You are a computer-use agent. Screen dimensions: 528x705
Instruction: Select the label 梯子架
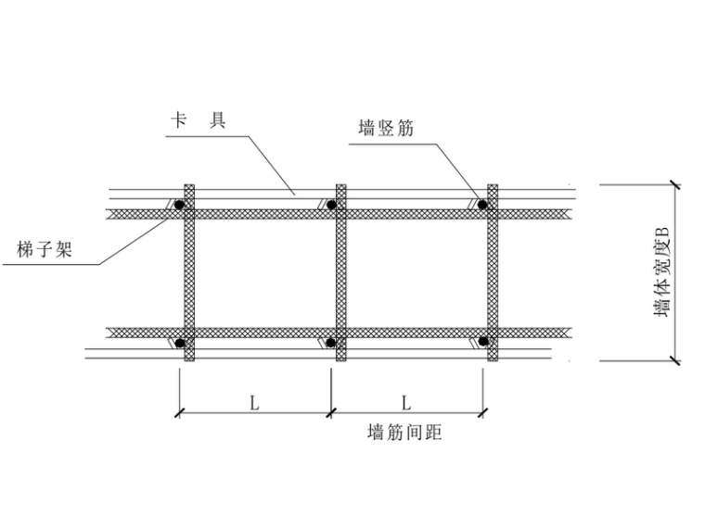tap(45, 248)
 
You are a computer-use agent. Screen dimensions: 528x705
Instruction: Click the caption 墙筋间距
tap(405, 433)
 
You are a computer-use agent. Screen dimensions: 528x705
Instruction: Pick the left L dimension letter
tap(253, 402)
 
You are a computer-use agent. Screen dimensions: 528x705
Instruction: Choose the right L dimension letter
tap(406, 402)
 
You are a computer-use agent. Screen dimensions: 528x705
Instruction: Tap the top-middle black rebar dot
tap(331, 204)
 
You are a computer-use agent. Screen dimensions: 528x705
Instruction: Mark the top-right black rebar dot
tap(482, 204)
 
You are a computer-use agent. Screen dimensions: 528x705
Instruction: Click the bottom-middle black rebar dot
tap(331, 344)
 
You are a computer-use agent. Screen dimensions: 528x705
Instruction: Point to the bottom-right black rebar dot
tap(482, 344)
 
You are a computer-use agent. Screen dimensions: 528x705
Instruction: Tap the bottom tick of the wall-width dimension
tap(675, 360)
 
